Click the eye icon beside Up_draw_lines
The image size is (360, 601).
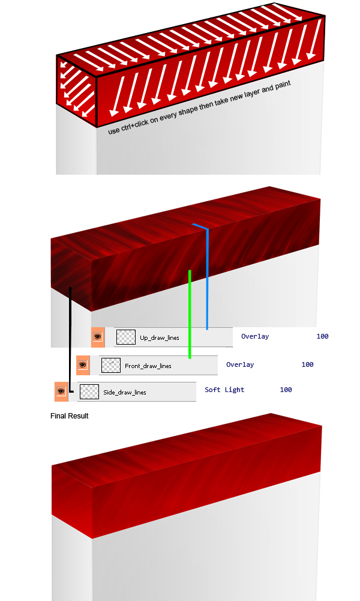click(x=98, y=337)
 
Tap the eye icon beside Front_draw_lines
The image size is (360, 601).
click(x=83, y=365)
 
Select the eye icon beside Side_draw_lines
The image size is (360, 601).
click(x=61, y=391)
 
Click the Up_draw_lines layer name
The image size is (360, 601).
click(x=160, y=337)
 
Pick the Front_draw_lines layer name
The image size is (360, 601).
click(x=148, y=366)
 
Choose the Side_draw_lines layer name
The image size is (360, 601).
click(x=124, y=393)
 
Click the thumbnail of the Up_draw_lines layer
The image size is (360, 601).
click(x=126, y=337)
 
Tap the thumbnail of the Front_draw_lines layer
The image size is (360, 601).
click(x=111, y=366)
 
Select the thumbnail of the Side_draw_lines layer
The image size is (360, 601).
click(x=89, y=391)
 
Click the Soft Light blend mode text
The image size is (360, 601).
click(x=224, y=390)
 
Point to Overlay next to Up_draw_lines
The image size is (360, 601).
click(x=255, y=337)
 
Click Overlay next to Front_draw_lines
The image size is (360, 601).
click(x=240, y=364)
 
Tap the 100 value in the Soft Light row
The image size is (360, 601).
click(x=286, y=390)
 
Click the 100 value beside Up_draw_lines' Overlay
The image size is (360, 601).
click(x=322, y=336)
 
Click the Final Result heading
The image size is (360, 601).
click(x=70, y=416)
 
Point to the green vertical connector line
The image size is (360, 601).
click(x=190, y=314)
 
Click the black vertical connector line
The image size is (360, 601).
click(x=70, y=340)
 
